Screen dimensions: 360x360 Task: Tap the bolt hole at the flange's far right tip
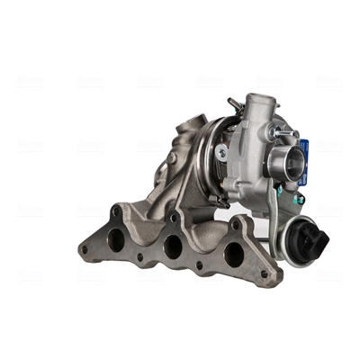tap(265, 274)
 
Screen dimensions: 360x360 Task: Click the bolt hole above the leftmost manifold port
tap(117, 212)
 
